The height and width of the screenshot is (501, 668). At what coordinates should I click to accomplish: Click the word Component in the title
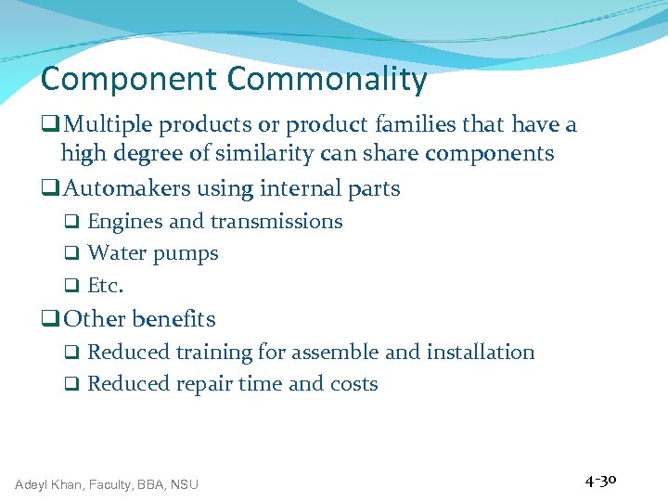tap(129, 80)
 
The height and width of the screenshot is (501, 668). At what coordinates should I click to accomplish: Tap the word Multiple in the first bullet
tap(109, 124)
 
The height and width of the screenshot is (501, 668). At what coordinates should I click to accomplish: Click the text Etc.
tap(105, 286)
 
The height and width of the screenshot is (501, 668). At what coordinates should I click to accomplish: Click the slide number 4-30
tap(601, 481)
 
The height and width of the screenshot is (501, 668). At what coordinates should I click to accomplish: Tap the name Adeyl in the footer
tap(32, 483)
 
